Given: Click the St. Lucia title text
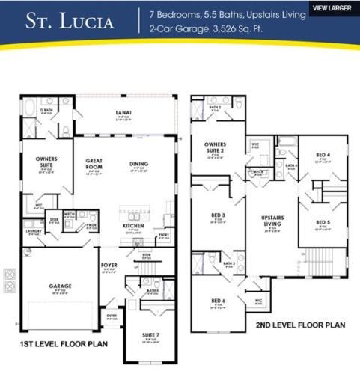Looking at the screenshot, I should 70,22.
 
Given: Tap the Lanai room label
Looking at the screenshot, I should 123,114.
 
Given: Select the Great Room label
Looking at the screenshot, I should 94,163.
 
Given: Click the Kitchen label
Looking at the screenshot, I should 133,225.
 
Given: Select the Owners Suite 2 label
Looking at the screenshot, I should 215,147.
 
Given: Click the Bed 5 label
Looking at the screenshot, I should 322,222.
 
